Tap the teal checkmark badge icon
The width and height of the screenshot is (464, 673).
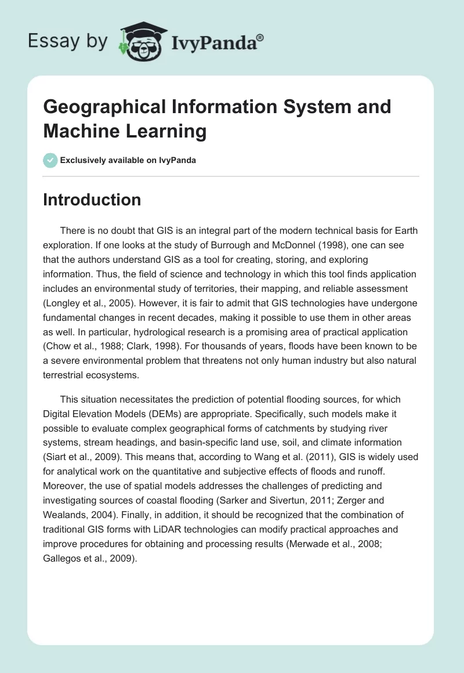50,160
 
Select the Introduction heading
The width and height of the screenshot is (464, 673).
92,200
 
